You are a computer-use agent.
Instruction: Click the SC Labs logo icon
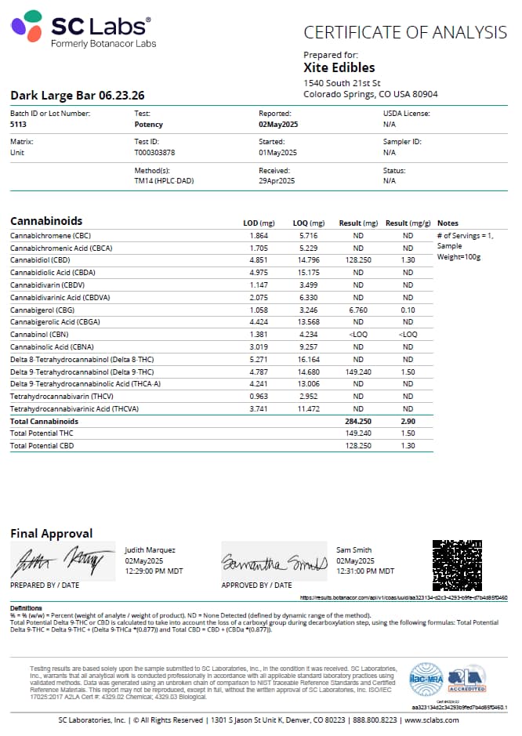tap(27, 26)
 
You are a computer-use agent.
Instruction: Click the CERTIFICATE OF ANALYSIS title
tap(405, 32)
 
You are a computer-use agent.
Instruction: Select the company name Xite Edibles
tap(339, 67)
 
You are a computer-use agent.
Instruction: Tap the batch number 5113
tap(17, 125)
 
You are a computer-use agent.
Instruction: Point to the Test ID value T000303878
tap(154, 153)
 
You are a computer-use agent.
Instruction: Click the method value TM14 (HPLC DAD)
tap(164, 181)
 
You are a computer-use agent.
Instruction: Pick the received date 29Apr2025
tap(277, 181)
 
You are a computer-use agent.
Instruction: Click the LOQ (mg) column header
tap(308, 223)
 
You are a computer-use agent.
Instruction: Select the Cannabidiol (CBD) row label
tap(40, 259)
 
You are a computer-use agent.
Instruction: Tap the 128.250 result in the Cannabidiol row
tap(357, 259)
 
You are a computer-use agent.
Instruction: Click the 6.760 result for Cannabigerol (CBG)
tap(357, 310)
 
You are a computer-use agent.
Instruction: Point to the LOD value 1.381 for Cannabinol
tap(259, 335)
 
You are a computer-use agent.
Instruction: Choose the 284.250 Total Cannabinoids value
tap(357, 421)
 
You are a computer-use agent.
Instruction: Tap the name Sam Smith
tap(354, 550)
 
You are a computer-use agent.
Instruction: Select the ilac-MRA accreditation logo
tap(426, 680)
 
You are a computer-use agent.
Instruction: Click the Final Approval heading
tap(52, 534)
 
